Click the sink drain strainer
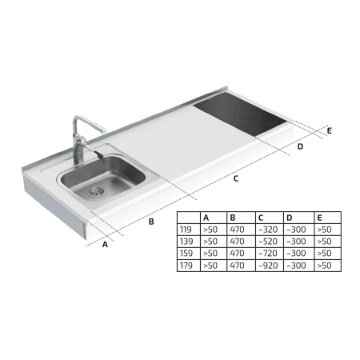(x=95, y=191)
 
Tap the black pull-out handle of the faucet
(x=98, y=154)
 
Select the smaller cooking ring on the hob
(x=249, y=118)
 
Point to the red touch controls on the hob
(x=264, y=126)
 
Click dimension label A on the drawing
(x=105, y=244)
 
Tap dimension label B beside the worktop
(x=151, y=222)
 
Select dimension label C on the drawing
(x=236, y=178)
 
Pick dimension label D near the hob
(x=300, y=146)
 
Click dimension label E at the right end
(x=330, y=131)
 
